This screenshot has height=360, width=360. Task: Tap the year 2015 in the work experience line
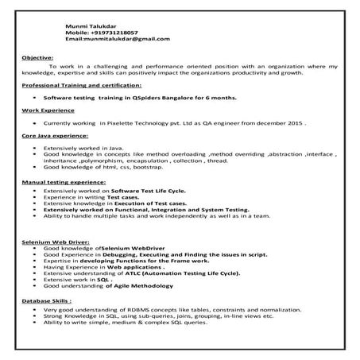pyautogui.click(x=295, y=124)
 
